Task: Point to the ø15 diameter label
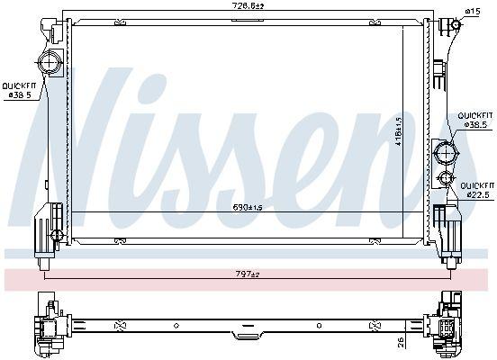(x=472, y=11)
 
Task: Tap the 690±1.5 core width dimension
(x=248, y=207)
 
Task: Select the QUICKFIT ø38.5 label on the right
(x=474, y=121)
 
